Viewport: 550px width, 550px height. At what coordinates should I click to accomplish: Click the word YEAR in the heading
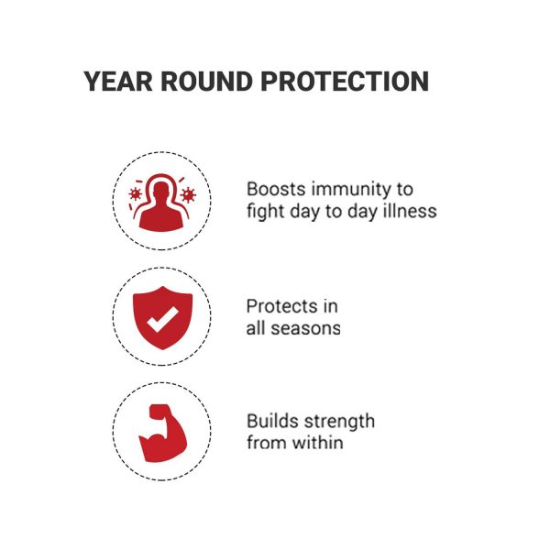[118, 82]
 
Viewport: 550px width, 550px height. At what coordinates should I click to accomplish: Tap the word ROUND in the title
[207, 82]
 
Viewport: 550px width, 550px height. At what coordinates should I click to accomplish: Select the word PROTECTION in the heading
[345, 82]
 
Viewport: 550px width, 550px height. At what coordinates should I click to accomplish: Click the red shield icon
[162, 318]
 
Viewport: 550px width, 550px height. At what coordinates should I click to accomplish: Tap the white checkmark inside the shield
[162, 319]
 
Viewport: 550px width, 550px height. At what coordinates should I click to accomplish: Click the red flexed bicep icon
[162, 433]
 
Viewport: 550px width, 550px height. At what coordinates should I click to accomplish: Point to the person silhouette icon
[161, 206]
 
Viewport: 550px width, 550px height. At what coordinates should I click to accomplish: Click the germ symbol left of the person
[135, 193]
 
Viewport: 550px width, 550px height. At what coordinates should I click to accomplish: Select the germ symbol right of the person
[188, 194]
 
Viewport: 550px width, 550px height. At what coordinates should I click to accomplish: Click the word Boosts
[276, 190]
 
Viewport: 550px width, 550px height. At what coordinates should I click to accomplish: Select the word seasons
[305, 329]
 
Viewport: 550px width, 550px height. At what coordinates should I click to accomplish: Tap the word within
[318, 443]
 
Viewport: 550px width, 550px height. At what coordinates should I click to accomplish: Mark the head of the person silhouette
[161, 190]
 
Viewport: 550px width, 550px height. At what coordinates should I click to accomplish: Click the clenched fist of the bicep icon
[159, 411]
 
